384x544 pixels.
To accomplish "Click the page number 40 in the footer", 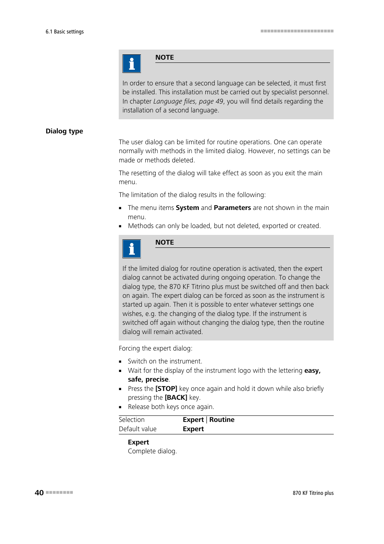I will click(39, 492).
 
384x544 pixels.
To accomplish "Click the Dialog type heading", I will click(64, 131).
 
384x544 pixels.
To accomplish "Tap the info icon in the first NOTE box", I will click(132, 64).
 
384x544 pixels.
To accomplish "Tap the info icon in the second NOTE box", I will click(132, 249).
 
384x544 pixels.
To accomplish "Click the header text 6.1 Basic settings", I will click(64, 31).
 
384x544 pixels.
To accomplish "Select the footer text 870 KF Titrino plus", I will click(313, 493).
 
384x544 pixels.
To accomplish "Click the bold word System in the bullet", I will click(187, 208).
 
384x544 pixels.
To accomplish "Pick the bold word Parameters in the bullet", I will click(232, 208).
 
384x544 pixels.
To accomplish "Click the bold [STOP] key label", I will click(166, 388).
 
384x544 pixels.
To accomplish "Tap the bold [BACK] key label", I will click(176, 397).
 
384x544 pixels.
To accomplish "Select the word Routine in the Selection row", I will click(222, 419).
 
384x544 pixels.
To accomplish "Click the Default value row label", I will click(138, 429).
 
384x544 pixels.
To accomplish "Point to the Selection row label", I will click(132, 419).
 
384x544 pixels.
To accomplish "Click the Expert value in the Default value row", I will click(193, 429).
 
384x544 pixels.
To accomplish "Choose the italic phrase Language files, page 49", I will click(188, 101).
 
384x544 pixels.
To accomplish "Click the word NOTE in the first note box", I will click(165, 57).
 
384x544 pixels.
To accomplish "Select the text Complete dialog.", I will click(152, 451).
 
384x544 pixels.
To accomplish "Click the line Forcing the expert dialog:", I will click(155, 348).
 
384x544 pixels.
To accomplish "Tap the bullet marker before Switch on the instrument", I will click(120, 361).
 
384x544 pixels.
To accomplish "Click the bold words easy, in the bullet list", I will click(312, 370).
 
